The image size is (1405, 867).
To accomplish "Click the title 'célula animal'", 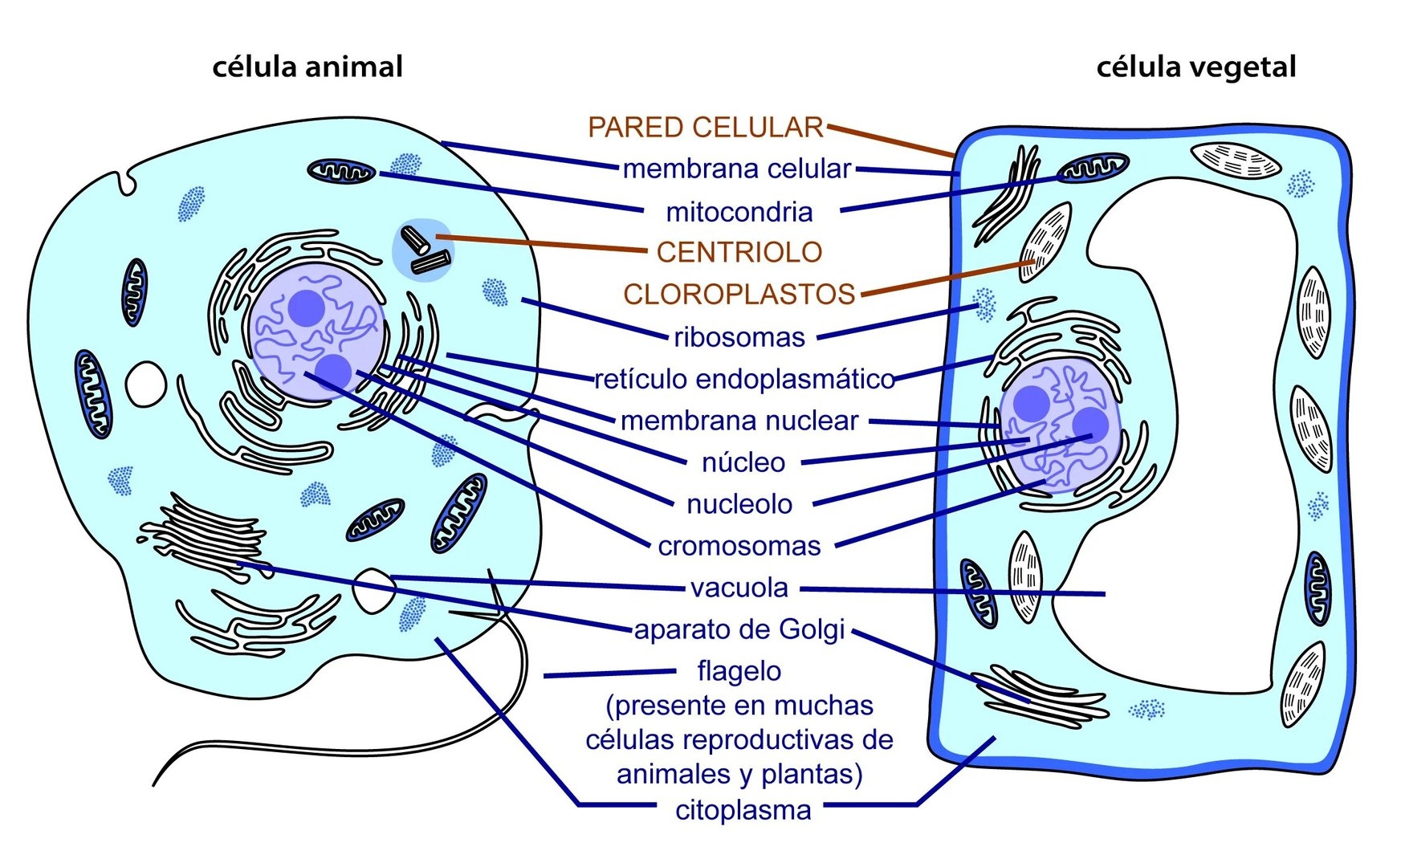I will [307, 67].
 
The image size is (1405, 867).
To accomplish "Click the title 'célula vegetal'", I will [1195, 67].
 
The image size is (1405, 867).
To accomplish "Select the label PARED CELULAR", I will [705, 127].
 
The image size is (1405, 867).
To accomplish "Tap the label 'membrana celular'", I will [736, 169].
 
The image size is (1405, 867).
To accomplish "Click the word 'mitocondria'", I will [739, 212].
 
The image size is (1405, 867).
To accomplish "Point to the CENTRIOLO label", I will [739, 252].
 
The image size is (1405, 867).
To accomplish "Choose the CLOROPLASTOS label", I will [739, 295].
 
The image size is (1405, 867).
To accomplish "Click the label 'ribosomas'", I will [739, 337].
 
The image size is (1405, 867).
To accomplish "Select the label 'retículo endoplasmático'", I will [744, 379].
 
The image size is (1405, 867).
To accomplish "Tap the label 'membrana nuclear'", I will [739, 421].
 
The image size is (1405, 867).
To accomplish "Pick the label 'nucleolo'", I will [739, 504].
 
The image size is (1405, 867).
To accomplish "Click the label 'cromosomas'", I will [739, 546].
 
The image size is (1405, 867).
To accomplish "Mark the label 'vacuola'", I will [739, 588].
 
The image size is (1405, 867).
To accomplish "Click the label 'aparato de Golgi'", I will [739, 629].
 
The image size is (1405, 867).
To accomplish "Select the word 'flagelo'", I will [739, 671].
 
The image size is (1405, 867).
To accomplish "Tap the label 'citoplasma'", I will [743, 810].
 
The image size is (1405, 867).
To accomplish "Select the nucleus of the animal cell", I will [316, 329].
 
